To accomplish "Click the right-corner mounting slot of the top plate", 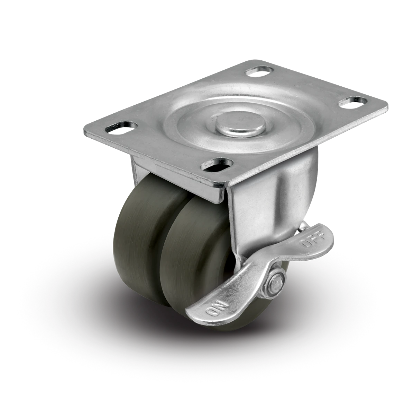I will (353, 102).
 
